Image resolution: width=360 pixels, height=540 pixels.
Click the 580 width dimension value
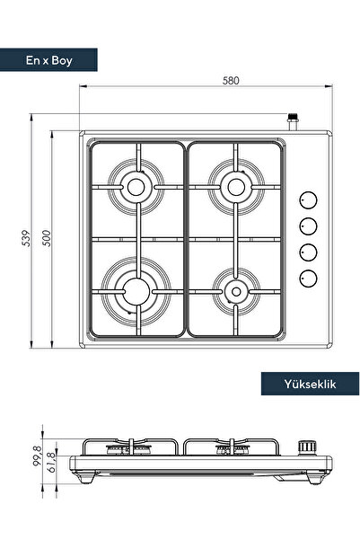click(231, 80)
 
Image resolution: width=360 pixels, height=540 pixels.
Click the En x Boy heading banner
click(49, 60)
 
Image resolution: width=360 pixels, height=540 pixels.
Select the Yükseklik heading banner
click(310, 384)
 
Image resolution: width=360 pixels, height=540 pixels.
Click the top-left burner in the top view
click(136, 187)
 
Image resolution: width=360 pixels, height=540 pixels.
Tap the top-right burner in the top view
click(235, 187)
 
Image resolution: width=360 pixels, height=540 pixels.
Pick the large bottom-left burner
click(136, 290)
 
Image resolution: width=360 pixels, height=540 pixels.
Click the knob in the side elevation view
click(309, 445)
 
